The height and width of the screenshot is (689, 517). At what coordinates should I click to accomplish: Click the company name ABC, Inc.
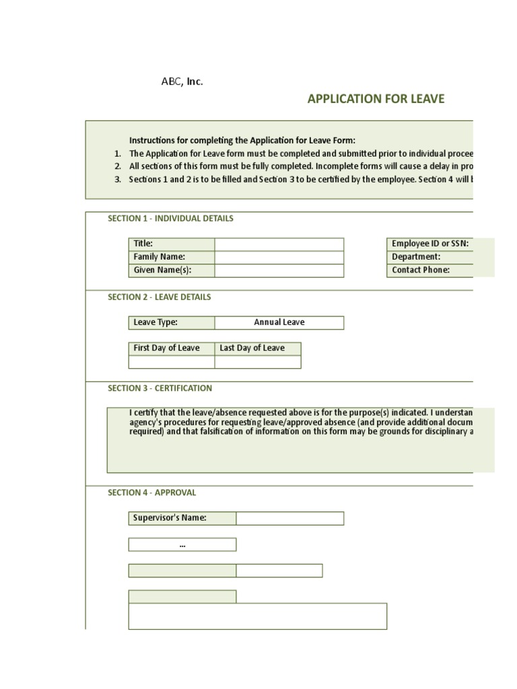(182, 81)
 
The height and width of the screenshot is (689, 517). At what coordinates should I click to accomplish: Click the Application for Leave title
(376, 100)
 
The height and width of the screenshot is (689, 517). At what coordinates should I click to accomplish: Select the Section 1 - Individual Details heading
(170, 219)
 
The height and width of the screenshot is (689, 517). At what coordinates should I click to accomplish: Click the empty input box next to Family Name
(279, 257)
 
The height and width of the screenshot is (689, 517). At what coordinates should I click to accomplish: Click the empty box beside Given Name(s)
(279, 270)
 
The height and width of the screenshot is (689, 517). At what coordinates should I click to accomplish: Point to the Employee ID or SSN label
(430, 244)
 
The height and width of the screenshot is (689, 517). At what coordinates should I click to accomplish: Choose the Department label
(416, 257)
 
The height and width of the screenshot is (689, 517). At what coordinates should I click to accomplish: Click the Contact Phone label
(421, 270)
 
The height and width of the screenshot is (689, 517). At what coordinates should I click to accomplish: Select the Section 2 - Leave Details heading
(159, 297)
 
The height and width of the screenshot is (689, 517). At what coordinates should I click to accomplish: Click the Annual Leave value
(279, 322)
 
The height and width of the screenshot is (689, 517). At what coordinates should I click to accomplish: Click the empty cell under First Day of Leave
(171, 362)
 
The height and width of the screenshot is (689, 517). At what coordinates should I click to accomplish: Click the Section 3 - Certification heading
(160, 388)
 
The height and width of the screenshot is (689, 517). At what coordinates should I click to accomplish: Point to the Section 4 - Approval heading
(151, 493)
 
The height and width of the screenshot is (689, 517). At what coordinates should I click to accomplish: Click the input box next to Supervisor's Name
(289, 518)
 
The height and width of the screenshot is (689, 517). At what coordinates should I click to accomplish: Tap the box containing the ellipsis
(182, 544)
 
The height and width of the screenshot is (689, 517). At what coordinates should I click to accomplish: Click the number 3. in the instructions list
(117, 179)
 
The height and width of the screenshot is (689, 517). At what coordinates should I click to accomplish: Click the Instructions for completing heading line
(242, 141)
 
